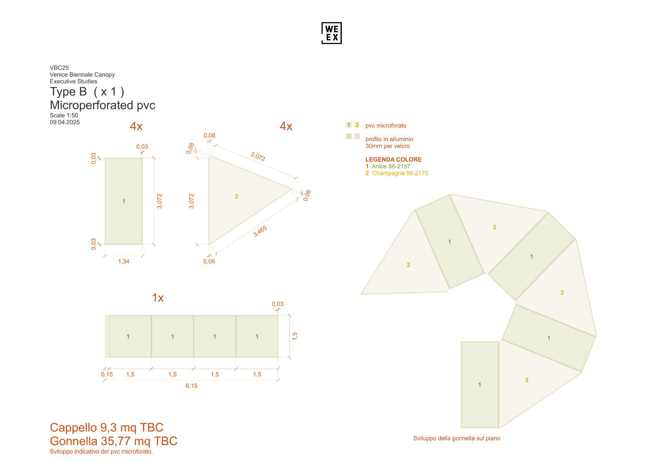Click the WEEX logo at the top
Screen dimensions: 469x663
tap(331, 33)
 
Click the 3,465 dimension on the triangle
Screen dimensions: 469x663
tap(260, 231)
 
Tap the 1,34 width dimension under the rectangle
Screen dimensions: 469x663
tap(124, 262)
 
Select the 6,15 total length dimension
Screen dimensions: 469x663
tap(191, 386)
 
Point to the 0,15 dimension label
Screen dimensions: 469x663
tap(107, 375)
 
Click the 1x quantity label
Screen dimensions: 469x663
tap(158, 298)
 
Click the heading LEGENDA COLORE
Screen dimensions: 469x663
tap(393, 159)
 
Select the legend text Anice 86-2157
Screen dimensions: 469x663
tap(391, 166)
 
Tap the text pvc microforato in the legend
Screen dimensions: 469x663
tap(386, 126)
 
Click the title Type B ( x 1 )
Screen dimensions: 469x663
tap(87, 92)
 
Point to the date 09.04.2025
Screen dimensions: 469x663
tap(65, 122)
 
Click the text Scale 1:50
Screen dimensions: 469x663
tap(64, 115)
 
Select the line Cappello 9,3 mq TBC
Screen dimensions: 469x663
tap(106, 428)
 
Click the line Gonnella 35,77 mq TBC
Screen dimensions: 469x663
tap(113, 441)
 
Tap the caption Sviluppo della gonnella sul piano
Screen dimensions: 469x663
tap(456, 438)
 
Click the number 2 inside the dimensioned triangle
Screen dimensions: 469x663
tap(236, 197)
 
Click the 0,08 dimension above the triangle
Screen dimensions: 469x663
tap(209, 136)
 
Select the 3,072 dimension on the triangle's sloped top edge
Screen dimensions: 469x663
tap(258, 156)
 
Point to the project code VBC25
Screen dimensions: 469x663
tap(59, 68)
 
